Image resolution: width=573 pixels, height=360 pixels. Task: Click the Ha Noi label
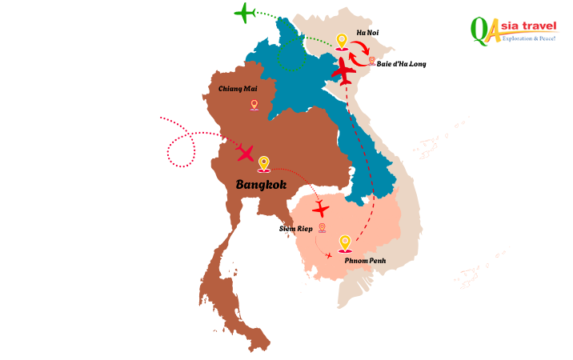367,33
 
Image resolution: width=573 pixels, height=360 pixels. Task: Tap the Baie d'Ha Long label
401,62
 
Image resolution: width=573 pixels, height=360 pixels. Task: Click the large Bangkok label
261,185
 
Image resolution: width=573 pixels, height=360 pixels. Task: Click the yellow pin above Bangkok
263,164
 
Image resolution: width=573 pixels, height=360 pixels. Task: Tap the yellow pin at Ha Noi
342,42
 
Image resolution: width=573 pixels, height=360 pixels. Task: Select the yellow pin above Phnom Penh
345,243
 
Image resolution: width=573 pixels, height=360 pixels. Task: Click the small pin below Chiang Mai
254,104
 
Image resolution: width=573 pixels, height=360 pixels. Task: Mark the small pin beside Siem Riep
322,228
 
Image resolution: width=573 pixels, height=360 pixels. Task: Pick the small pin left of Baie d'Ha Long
372,61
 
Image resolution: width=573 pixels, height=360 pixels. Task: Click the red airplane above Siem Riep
321,210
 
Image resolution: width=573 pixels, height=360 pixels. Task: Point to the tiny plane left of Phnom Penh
328,256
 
